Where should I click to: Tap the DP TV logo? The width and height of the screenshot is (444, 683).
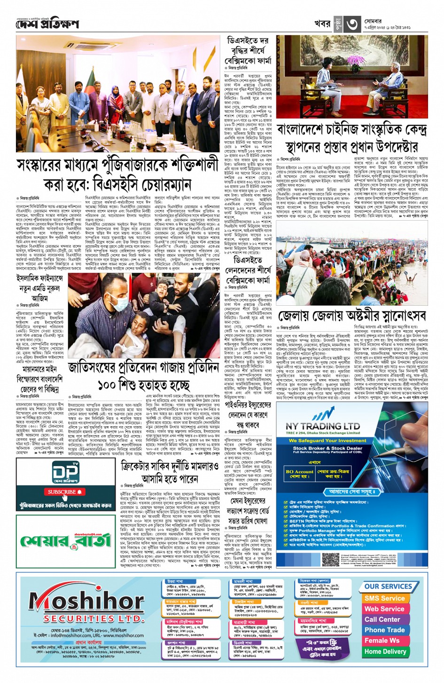point(65,474)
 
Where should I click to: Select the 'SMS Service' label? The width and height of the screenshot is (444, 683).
point(384,598)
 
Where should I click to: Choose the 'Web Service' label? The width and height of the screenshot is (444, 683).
point(384,609)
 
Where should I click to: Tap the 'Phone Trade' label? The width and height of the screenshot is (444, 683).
point(384,630)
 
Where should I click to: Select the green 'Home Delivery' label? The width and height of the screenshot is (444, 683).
point(385,651)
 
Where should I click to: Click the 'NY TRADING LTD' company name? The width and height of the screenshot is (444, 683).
point(322,426)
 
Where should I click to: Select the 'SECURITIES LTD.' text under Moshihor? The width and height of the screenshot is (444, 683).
point(87,618)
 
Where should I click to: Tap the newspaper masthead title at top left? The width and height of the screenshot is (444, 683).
point(47,24)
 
